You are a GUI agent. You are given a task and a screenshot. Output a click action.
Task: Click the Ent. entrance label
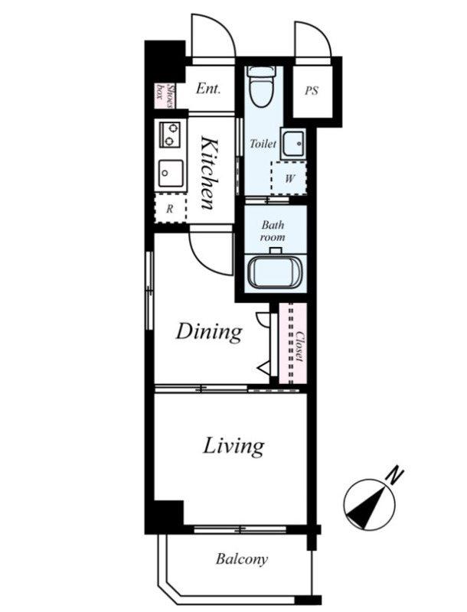pos(208,88)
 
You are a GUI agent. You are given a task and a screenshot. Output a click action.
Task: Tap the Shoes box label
pos(165,96)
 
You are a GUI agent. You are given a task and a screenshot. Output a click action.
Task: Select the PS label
pos(312,91)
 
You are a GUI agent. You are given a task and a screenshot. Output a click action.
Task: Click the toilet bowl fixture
pos(261,86)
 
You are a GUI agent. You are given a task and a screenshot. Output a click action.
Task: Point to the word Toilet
pos(263,144)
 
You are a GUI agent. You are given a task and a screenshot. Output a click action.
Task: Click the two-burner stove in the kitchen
pos(170,135)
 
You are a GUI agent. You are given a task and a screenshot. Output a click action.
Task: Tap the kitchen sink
pos(171,174)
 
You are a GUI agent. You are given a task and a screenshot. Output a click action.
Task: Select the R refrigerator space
pos(170,208)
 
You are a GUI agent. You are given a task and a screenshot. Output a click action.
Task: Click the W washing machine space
pos(289,178)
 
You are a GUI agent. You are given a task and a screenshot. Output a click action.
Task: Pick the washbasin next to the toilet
pos(293,143)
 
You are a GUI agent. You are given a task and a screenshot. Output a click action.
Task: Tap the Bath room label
pos(273,231)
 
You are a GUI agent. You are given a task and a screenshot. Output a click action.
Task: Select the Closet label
pos(299,347)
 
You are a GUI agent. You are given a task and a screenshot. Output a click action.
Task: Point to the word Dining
pos(209,333)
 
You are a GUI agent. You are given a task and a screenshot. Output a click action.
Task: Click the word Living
pos(233,446)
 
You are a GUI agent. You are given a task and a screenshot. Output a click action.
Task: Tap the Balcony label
pos(242,559)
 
